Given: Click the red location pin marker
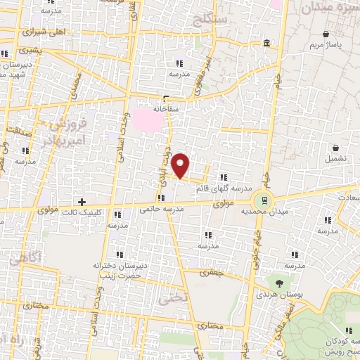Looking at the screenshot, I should pos(181,165).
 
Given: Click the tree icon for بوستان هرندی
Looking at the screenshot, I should pos(280,283).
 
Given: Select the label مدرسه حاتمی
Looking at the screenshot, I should pos(161,210).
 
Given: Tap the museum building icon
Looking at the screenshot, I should pos(266,44).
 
